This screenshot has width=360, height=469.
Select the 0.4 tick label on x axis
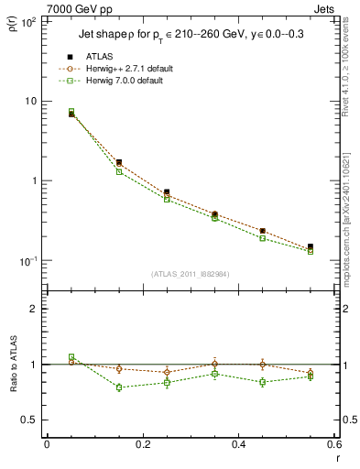coord(238,444)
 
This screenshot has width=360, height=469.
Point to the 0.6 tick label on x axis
coord(333,444)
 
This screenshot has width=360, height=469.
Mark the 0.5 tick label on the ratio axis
coord(29,420)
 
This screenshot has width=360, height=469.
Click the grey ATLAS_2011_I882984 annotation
coord(191,273)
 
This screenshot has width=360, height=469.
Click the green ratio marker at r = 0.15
coord(119,387)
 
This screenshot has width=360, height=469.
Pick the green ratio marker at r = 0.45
coord(262,382)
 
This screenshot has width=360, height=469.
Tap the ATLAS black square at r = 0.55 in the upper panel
coord(310,247)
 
